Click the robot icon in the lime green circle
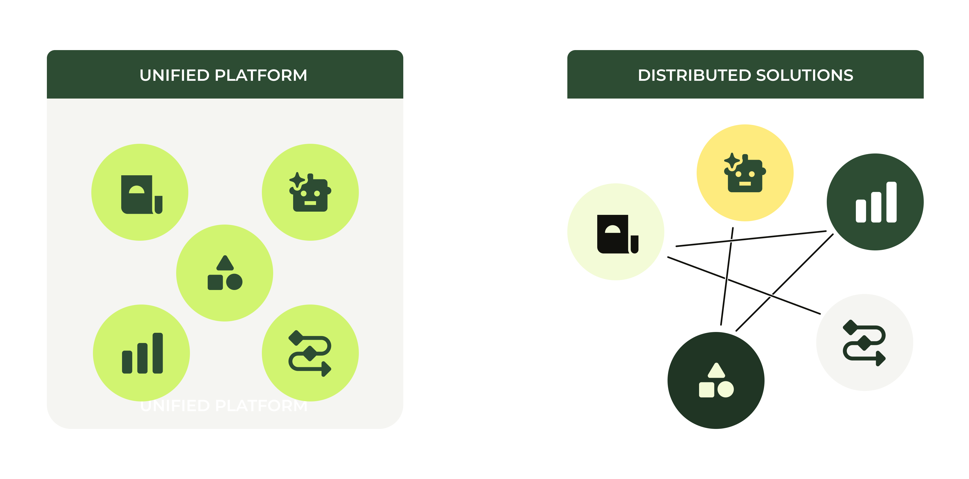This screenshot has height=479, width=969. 310,193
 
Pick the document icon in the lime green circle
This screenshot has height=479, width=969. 141,194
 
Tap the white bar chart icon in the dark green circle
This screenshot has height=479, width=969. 876,202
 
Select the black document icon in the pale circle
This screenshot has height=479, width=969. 617,234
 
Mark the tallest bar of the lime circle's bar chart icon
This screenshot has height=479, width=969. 158,353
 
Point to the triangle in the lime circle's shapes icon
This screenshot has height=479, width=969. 225,263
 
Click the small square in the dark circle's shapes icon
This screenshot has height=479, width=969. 706,390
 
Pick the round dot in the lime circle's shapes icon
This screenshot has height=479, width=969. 234,282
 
